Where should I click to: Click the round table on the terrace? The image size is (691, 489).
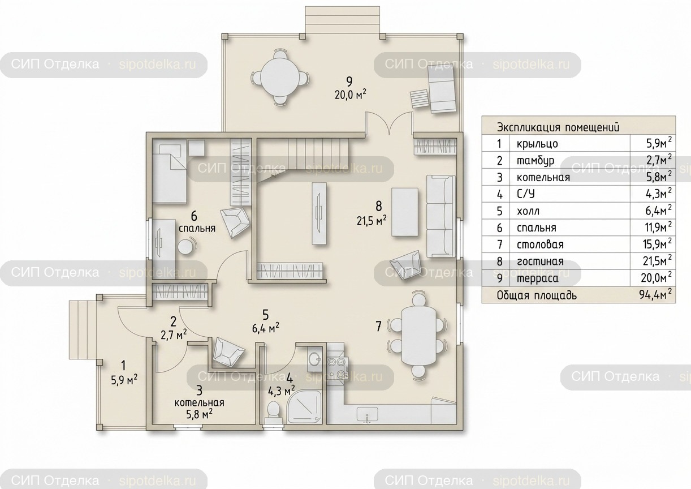280,78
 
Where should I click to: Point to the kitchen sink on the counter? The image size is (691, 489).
368,414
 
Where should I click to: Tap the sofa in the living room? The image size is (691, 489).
441,216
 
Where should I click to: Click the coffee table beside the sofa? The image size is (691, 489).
405,212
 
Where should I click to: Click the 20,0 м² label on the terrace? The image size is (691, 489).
351,94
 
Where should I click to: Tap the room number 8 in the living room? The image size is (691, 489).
379,206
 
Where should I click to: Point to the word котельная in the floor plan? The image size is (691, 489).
199,402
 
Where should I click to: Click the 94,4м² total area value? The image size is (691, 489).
655,295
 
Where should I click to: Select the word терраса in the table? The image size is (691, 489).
538,278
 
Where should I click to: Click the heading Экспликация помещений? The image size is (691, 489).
558,127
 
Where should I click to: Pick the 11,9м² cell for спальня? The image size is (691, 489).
657,228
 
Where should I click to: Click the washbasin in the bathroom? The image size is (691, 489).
314,358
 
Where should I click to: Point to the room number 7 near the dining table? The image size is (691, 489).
378,326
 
